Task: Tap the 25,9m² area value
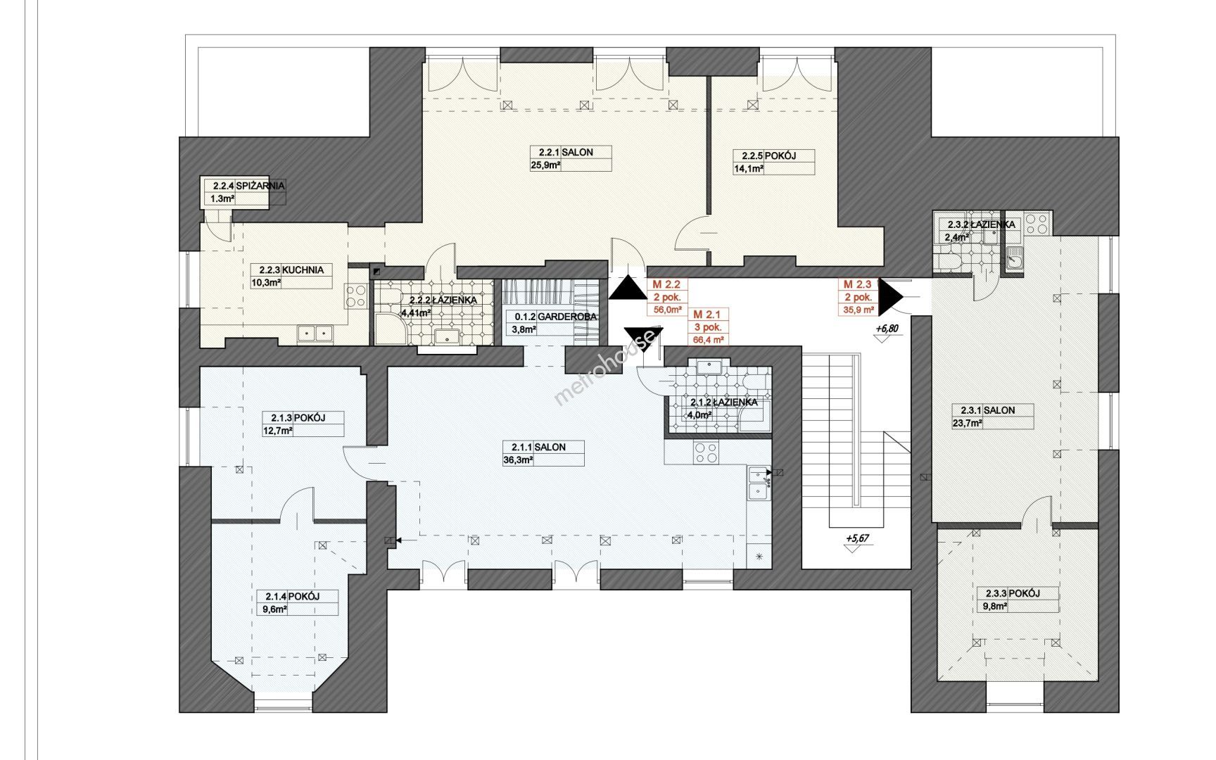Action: point(545,166)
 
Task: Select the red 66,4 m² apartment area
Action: point(708,340)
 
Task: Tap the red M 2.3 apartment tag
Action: point(857,284)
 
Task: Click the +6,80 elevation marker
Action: point(887,329)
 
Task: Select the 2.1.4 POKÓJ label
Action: point(289,596)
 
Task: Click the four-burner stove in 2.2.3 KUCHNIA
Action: point(356,295)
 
